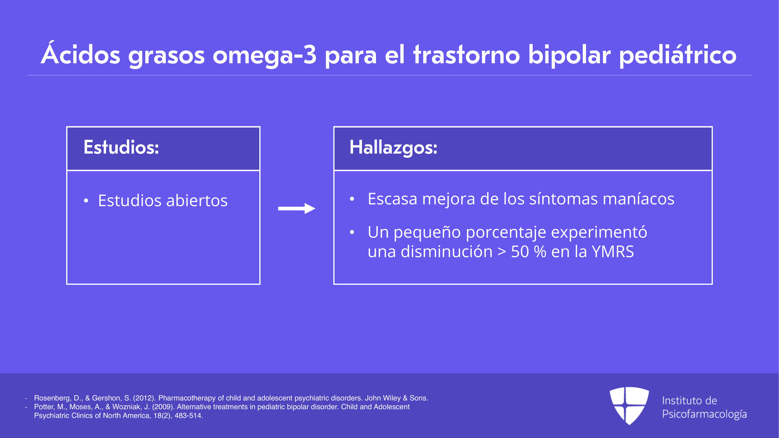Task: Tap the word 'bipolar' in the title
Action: point(570,55)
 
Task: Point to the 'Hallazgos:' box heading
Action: point(393,148)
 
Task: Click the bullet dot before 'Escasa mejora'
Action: point(352,199)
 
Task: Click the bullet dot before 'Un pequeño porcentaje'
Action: point(352,232)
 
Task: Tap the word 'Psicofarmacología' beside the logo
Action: point(704,414)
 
